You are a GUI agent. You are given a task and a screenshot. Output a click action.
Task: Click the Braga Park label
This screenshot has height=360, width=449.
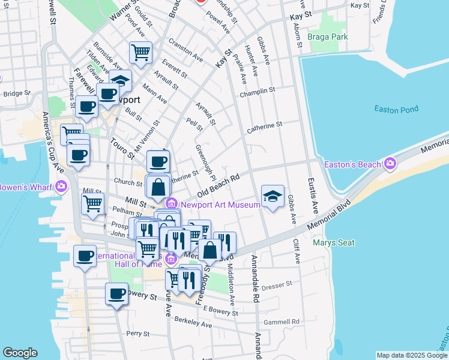pyautogui.click(x=327, y=37)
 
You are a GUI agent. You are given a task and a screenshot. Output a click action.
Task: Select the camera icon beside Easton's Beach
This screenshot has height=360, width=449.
pyautogui.click(x=391, y=163)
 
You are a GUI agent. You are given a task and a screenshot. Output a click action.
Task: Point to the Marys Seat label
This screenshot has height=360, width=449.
pyautogui.click(x=334, y=243)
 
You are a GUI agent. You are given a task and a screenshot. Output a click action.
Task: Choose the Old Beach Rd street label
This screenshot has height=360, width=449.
pyautogui.click(x=218, y=185)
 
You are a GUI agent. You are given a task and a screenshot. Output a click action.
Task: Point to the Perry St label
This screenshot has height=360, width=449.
pyautogui.click(x=137, y=333)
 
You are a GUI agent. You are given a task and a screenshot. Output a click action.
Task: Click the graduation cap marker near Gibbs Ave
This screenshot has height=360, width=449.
pyautogui.click(x=273, y=196)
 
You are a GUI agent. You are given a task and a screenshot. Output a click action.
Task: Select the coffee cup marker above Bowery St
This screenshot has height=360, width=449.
pyautogui.click(x=116, y=293)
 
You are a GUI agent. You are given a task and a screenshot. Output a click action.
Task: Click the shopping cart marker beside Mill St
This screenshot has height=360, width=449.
pyautogui.click(x=92, y=203)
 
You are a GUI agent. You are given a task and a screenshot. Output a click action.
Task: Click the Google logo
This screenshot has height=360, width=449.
pyautogui.click(x=20, y=353)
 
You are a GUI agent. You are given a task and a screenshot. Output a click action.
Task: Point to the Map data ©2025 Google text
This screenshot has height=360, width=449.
pyautogui.click(x=411, y=355)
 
